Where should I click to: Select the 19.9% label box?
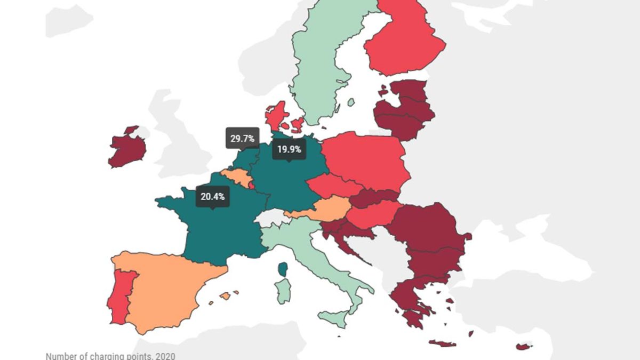point(289,149)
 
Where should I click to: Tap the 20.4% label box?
point(212,196)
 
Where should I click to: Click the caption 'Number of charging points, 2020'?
point(110,356)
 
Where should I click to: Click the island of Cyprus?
point(524,347)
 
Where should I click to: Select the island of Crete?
point(442,343)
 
